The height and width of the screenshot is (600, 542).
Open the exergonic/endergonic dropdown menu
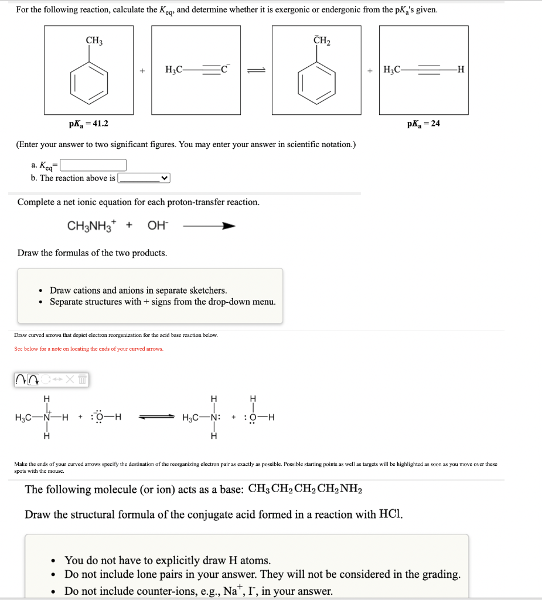(144, 178)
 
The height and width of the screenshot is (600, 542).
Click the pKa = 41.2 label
(88, 124)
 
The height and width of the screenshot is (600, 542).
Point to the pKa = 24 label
(423, 124)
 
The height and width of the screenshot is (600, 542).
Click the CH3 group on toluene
(94, 40)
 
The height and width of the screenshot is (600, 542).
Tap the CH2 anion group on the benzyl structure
(322, 40)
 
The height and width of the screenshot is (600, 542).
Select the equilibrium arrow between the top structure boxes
(256, 71)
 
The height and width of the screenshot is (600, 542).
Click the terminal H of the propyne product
(461, 70)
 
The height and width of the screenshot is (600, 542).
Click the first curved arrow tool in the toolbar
(22, 380)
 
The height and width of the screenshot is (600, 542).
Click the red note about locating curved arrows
(88, 349)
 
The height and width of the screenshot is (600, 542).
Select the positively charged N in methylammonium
(46, 418)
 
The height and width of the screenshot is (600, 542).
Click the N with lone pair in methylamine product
(215, 418)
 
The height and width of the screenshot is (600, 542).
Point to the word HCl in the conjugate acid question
(390, 514)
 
